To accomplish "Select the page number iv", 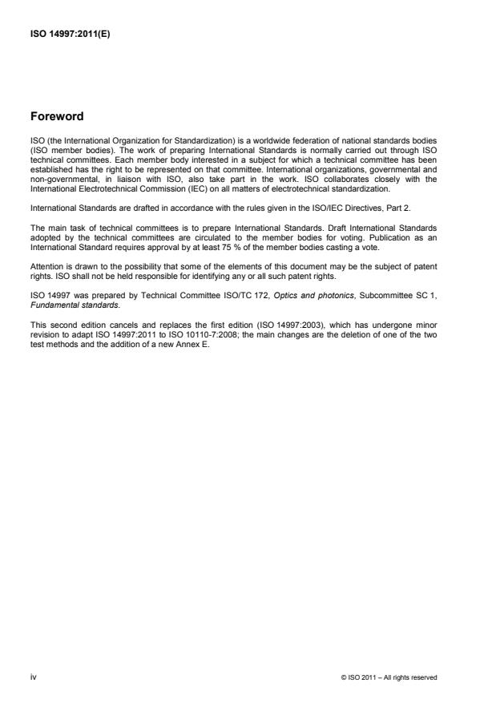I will click(33, 677).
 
